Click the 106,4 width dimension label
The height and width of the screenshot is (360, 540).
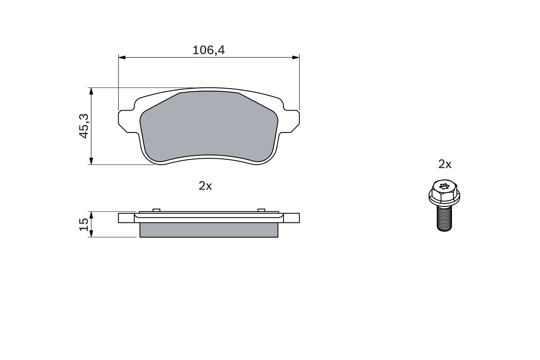point(208,50)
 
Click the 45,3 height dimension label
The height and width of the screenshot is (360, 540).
point(84,126)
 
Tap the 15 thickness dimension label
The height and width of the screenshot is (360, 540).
point(84,224)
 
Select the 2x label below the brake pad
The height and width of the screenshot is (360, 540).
point(205,186)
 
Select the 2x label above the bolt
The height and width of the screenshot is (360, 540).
point(445,164)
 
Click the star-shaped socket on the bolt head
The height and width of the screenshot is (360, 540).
point(444,186)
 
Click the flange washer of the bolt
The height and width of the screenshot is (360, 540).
point(444,197)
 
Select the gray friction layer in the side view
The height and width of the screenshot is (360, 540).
point(208,230)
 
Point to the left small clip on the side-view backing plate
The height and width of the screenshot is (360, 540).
point(156,210)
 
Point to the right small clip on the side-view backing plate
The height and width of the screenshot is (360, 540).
point(261,210)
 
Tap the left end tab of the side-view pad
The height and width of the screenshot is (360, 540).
point(126,218)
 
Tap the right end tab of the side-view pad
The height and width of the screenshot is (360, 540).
point(292,218)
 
